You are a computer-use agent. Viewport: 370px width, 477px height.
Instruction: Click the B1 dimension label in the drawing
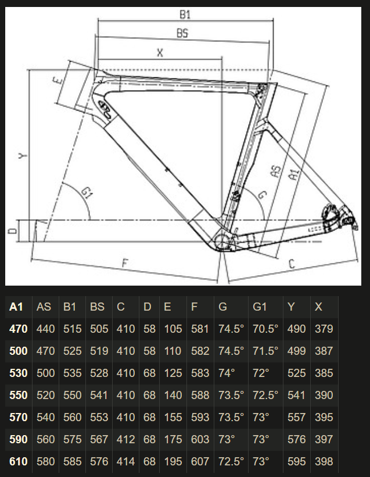click(x=185, y=15)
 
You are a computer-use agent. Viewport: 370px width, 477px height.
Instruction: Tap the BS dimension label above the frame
click(x=182, y=33)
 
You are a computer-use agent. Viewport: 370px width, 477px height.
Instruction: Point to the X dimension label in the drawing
click(x=160, y=53)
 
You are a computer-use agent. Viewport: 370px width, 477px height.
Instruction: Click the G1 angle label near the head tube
click(x=87, y=193)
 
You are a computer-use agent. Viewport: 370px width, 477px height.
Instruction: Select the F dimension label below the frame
click(x=125, y=263)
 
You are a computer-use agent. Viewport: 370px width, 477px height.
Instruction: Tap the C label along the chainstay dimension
click(x=292, y=264)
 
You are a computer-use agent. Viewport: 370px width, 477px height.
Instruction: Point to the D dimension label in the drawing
click(x=12, y=231)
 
